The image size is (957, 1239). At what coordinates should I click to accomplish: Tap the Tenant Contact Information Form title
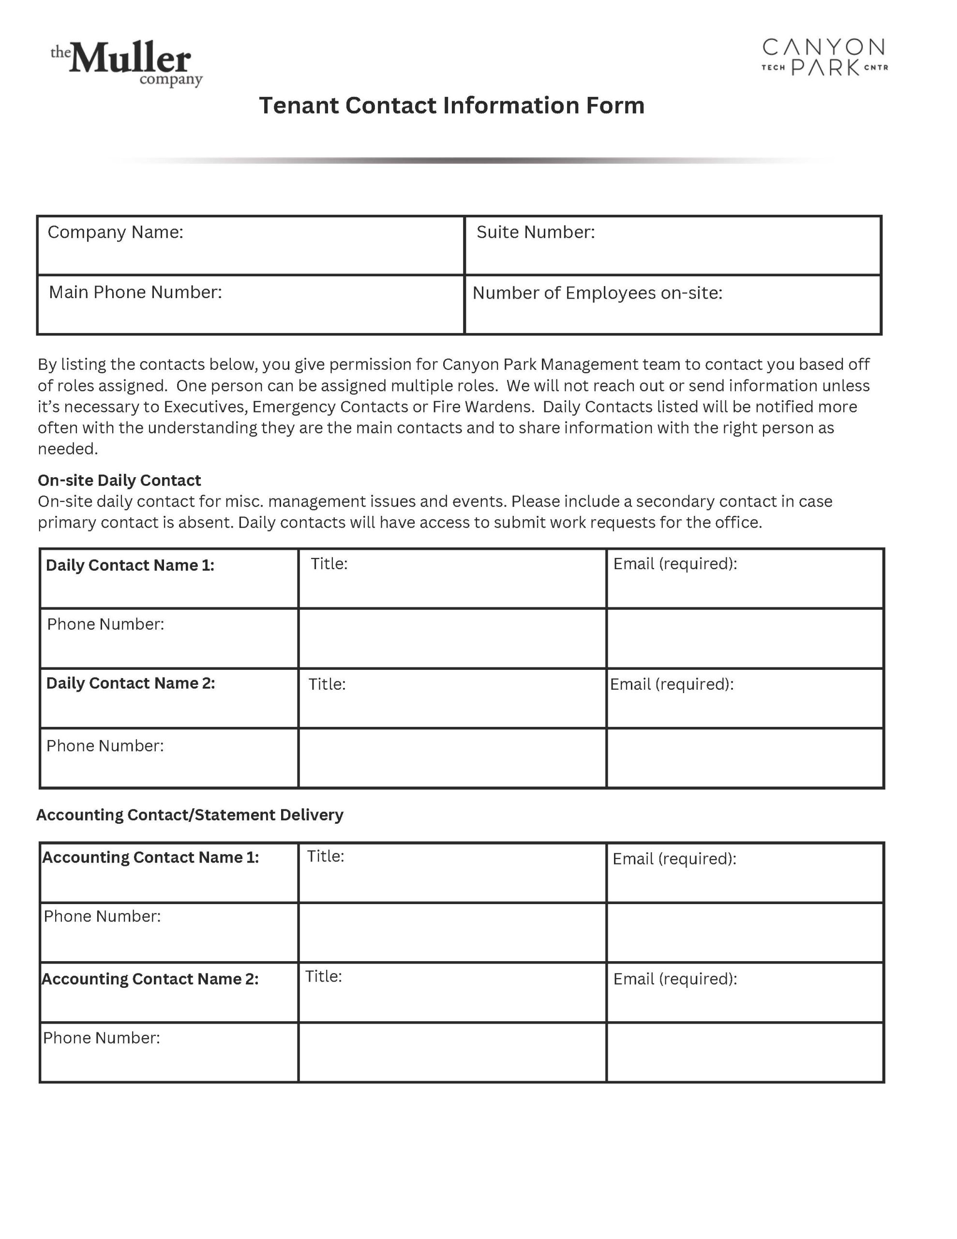[451, 106]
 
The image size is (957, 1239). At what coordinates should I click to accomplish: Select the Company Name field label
[115, 232]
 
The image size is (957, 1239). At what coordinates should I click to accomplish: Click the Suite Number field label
[536, 232]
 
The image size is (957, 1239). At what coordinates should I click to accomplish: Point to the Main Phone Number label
[135, 292]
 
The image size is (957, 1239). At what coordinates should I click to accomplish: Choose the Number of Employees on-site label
[598, 293]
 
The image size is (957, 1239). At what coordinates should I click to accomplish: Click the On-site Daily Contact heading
[119, 481]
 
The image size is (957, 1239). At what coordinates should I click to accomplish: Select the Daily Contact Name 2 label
[131, 683]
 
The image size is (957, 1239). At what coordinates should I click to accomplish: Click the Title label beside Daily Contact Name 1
[329, 564]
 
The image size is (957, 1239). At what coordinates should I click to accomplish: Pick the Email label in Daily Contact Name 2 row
[672, 684]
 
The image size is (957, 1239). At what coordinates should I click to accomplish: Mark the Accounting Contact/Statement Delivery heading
[190, 815]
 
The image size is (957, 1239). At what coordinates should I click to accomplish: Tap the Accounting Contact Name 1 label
[150, 857]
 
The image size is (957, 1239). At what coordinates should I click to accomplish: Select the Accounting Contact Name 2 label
[150, 979]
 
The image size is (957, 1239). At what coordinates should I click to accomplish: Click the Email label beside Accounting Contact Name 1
[674, 859]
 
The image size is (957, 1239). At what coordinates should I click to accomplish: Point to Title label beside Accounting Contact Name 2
[323, 976]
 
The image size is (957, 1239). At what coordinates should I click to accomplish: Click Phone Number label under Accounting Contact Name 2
[102, 1038]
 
